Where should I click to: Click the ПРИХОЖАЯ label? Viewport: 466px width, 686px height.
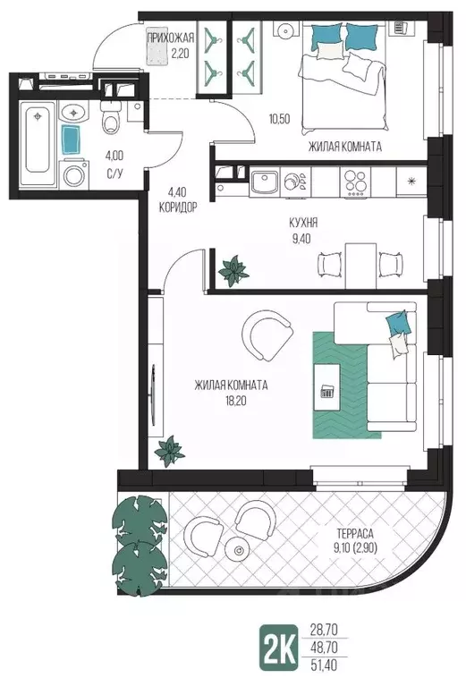click(170, 38)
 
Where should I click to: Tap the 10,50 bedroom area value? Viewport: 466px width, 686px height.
click(279, 119)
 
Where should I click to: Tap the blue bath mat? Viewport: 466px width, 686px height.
click(72, 140)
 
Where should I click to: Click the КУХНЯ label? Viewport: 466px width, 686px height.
click(303, 223)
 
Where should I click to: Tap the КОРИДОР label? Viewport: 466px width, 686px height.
click(177, 207)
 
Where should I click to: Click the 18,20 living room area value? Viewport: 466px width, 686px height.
click(236, 401)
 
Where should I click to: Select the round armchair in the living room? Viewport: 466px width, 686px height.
click(267, 335)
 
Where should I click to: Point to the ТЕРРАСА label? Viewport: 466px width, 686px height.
click(355, 534)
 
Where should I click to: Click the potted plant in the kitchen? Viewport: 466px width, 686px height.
click(233, 271)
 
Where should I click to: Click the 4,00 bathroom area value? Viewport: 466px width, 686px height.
click(114, 156)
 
